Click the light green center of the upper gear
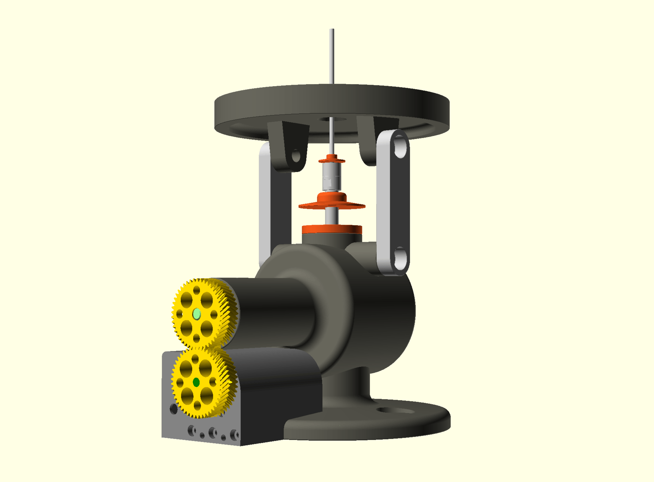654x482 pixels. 197,314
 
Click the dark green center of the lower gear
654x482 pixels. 196,382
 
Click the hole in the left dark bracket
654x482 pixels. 296,156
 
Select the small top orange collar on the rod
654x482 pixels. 331,159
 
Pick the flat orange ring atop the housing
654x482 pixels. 332,229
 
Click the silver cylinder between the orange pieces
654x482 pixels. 331,177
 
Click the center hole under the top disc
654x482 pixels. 332,119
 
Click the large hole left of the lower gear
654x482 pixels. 174,408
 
